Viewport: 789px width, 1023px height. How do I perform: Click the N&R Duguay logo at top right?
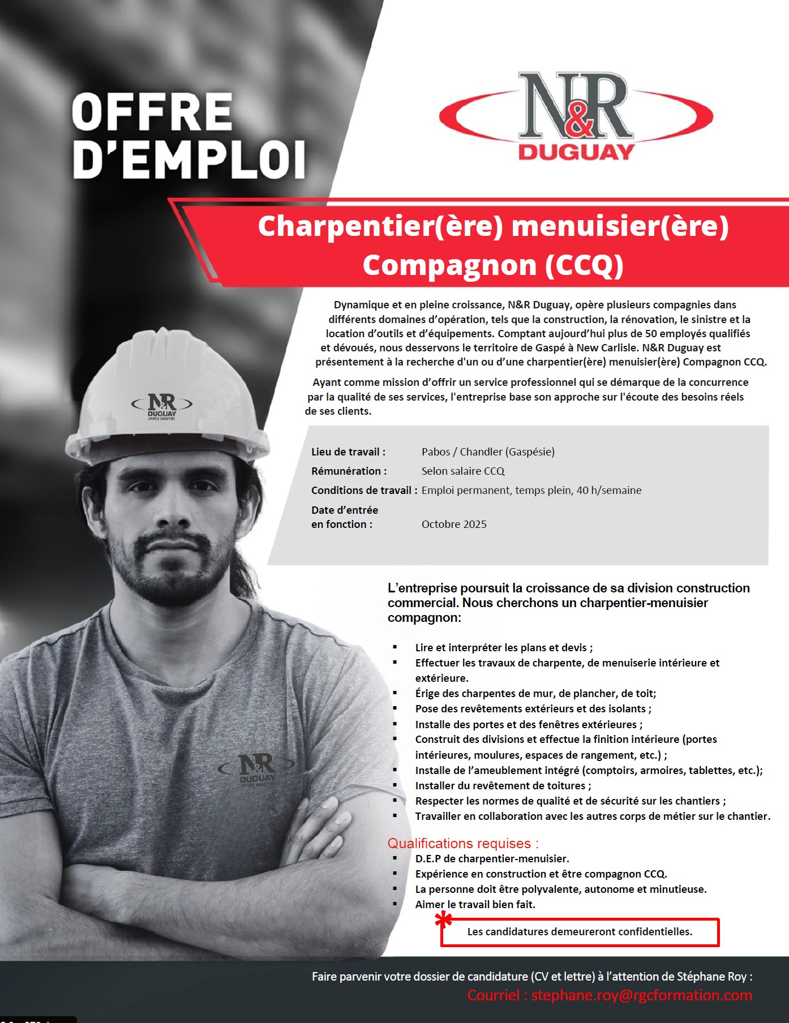point(576,116)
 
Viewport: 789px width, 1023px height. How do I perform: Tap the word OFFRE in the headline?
point(152,112)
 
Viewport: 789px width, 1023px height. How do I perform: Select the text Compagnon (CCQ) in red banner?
point(493,265)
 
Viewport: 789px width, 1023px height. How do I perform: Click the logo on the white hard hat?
point(162,406)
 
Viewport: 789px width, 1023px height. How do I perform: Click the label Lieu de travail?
point(348,452)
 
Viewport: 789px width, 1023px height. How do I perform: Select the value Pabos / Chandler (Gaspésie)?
point(488,452)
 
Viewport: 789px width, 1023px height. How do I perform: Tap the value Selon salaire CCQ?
point(462,471)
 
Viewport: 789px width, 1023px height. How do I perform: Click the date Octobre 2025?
point(454,524)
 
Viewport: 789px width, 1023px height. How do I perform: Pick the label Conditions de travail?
point(364,490)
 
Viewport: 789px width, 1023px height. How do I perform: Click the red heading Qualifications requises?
point(463,843)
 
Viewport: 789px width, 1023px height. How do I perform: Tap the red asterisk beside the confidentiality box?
point(444,921)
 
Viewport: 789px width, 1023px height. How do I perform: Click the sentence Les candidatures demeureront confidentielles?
point(580,931)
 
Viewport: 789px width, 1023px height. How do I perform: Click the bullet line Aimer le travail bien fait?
point(475,904)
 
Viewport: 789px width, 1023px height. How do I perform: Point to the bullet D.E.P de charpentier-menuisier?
point(492,858)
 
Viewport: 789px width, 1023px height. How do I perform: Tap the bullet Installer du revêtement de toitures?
point(503,785)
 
